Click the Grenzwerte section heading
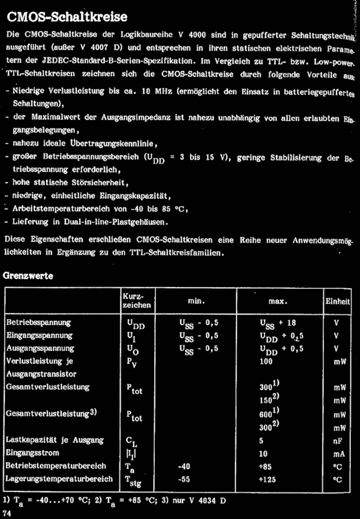[x=29, y=275]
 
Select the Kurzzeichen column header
[x=137, y=301]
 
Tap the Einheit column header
[x=337, y=302]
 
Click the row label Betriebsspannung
[x=38, y=323]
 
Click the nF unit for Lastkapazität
[x=337, y=440]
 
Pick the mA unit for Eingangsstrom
[x=337, y=453]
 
